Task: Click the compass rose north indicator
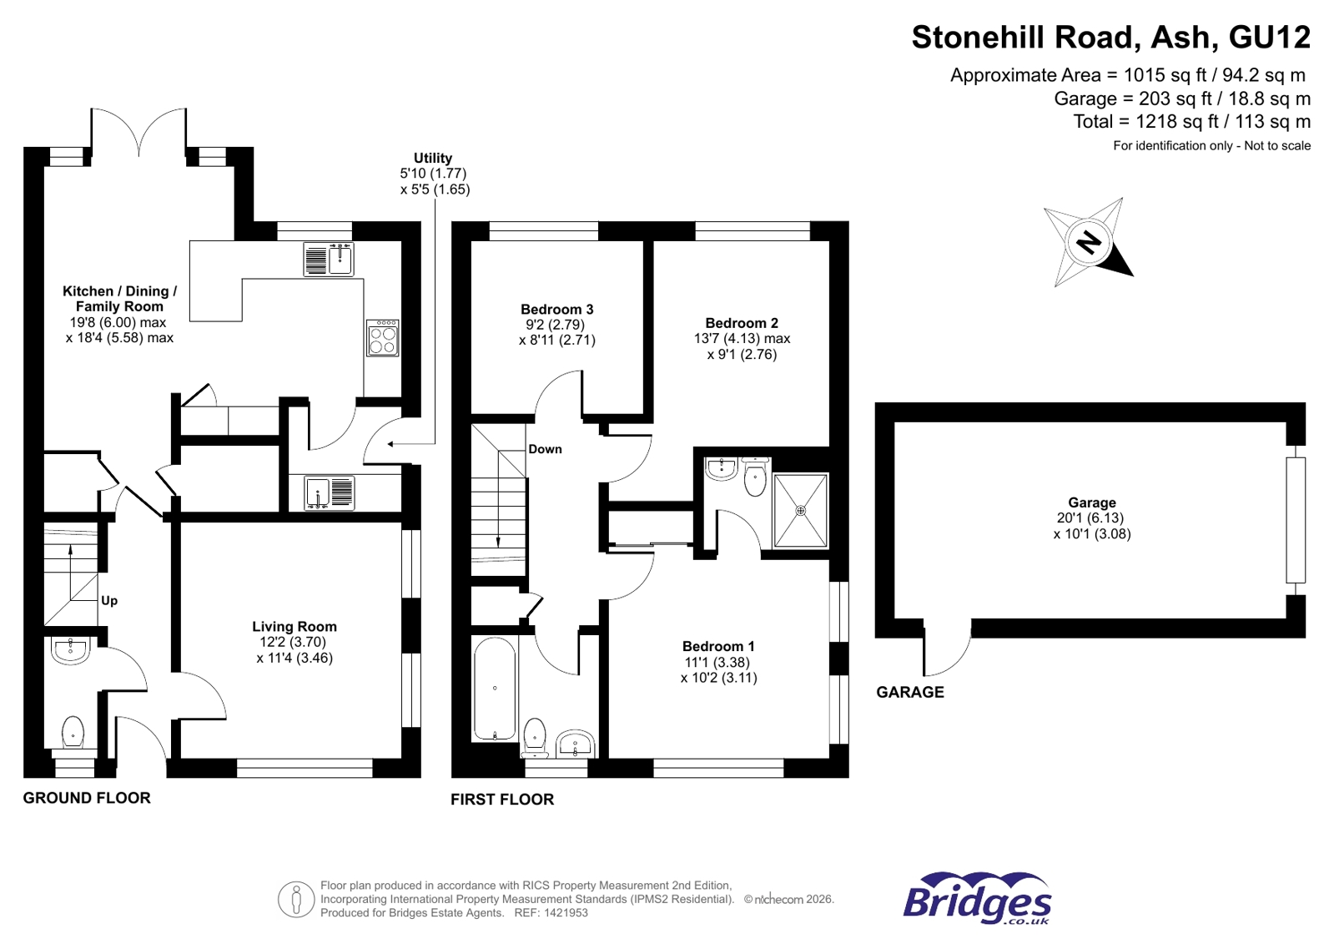1088,243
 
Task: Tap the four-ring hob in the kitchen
382,338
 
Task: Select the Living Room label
294,626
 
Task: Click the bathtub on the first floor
495,689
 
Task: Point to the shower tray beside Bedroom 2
800,511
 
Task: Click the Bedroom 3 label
556,309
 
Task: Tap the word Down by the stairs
545,449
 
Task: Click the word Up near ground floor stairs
109,600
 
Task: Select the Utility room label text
433,158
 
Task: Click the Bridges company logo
977,899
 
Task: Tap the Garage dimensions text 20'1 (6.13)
1091,518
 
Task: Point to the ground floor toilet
73,732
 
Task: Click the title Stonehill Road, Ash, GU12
1110,38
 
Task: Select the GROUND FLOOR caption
87,798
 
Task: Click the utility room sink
329,492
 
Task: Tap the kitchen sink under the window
329,259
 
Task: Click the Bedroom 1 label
718,646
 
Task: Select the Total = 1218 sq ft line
1191,122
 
